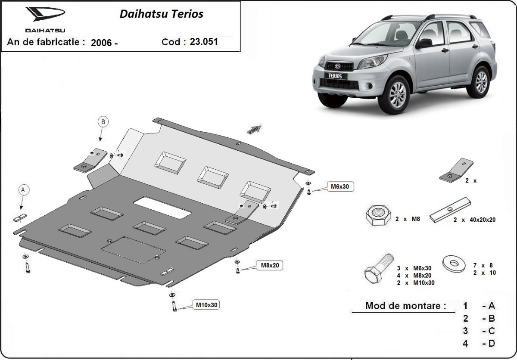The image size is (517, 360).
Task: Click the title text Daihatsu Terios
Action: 161,14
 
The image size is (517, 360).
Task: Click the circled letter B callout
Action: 103,122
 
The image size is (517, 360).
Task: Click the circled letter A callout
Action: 24,189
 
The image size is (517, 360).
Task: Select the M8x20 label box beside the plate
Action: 270,265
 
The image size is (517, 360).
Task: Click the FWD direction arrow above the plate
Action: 255,129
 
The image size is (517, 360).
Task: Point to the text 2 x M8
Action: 408,219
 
